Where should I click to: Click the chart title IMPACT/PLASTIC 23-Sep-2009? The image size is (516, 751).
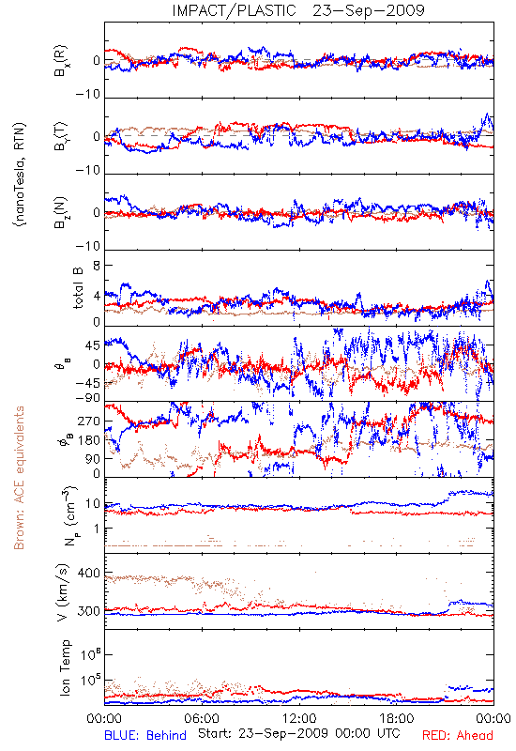pyautogui.click(x=298, y=10)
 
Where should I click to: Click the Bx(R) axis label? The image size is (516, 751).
pyautogui.click(x=61, y=60)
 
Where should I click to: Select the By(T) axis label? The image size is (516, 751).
pyautogui.click(x=61, y=136)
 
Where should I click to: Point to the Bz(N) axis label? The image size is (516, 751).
pyautogui.click(x=61, y=212)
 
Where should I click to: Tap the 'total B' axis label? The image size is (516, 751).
pyautogui.click(x=78, y=288)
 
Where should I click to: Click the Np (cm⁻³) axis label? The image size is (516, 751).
pyautogui.click(x=69, y=515)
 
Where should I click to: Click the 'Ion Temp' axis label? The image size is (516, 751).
pyautogui.click(x=65, y=667)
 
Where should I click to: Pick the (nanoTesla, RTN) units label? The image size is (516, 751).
pyautogui.click(x=20, y=175)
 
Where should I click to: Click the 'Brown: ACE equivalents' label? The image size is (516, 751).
pyautogui.click(x=19, y=478)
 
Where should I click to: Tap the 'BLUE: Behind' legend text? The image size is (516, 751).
pyautogui.click(x=145, y=735)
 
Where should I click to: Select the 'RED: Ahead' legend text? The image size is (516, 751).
pyautogui.click(x=457, y=735)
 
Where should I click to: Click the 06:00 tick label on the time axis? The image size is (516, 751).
pyautogui.click(x=202, y=718)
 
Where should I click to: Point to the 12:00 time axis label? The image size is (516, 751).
pyautogui.click(x=299, y=718)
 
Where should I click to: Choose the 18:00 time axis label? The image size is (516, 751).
pyautogui.click(x=397, y=718)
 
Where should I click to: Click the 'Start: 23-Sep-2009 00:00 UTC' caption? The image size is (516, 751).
pyautogui.click(x=298, y=733)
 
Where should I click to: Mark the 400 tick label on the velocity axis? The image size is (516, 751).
pyautogui.click(x=88, y=573)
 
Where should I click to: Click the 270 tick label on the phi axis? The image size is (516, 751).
pyautogui.click(x=88, y=421)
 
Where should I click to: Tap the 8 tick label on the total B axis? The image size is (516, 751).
pyautogui.click(x=97, y=266)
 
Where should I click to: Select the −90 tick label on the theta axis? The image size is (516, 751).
pyautogui.click(x=87, y=398)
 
